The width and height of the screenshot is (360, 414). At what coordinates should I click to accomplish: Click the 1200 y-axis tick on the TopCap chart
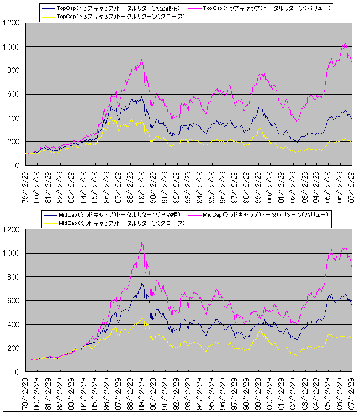[12, 23]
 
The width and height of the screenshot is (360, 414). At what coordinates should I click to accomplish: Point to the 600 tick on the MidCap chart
[14, 301]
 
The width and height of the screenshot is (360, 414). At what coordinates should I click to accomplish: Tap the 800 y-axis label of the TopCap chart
[14, 71]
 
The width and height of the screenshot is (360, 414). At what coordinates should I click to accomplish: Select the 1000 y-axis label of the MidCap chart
[12, 253]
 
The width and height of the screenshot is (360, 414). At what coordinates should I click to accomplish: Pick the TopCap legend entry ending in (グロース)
[121, 17]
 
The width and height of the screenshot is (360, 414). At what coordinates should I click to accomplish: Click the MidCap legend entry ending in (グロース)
[121, 223]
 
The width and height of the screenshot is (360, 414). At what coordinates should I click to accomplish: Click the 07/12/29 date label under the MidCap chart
[353, 394]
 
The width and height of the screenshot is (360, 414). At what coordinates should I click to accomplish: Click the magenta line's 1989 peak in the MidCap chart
[142, 242]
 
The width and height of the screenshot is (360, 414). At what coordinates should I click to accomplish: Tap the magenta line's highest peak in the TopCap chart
[345, 44]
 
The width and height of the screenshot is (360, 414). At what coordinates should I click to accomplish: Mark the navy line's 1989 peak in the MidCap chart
[142, 283]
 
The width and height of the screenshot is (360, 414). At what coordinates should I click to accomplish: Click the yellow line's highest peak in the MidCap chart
[142, 318]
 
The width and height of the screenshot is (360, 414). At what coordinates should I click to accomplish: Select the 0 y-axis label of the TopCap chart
[19, 165]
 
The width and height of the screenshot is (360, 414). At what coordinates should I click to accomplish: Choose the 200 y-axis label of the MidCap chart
[14, 348]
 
